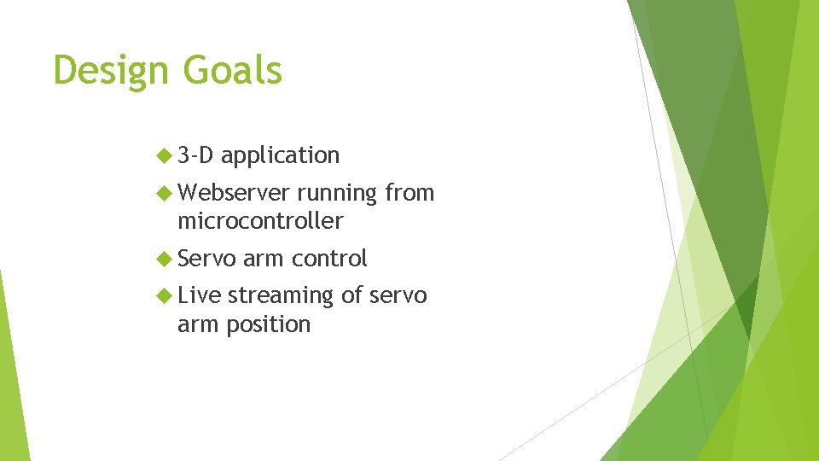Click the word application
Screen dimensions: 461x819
click(281, 156)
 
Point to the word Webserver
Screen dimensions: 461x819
click(234, 193)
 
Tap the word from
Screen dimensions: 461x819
click(409, 193)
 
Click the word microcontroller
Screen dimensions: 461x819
click(260, 221)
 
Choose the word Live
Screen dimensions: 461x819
click(199, 295)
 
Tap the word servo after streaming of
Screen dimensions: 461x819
click(398, 295)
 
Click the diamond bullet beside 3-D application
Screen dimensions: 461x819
click(165, 155)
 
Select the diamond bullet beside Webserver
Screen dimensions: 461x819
click(165, 193)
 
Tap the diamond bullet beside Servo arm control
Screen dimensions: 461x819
click(165, 258)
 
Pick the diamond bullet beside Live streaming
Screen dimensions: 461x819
click(165, 295)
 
